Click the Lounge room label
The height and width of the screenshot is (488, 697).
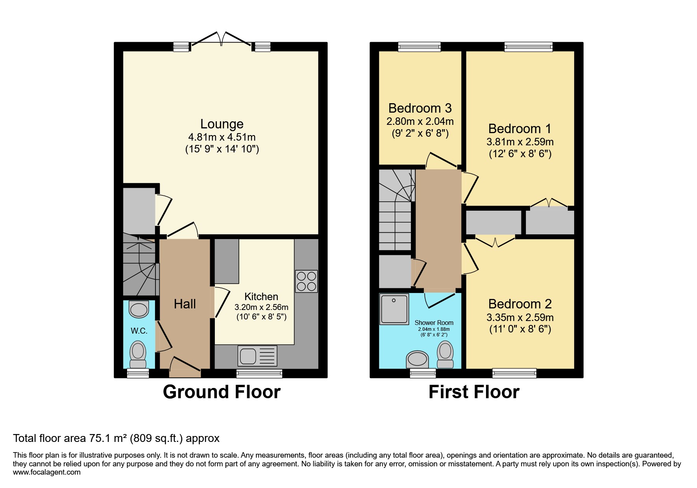pos(222,124)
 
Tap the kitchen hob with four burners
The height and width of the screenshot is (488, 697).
pos(307,281)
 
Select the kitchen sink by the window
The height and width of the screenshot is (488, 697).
pos(257,356)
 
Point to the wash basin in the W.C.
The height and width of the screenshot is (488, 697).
pos(139,309)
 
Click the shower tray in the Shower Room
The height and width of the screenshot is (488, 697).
pos(394,309)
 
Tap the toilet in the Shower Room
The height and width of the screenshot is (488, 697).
pos(446,354)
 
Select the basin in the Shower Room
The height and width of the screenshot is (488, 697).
pos(418,359)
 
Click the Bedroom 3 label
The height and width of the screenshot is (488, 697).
pos(420,108)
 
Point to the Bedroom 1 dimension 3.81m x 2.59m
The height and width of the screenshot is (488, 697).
pos(520,142)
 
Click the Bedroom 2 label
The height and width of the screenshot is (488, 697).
pos(520,304)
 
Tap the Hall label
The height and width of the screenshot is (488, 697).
pos(185,304)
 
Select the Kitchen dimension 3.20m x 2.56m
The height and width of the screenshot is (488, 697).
pos(261,307)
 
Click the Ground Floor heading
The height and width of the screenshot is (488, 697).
pos(222,392)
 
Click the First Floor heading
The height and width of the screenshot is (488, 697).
pos(474,392)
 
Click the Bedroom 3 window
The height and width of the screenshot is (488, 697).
pos(419,47)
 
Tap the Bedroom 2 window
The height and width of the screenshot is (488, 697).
pos(514,373)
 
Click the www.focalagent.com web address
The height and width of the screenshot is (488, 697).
pos(47,472)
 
